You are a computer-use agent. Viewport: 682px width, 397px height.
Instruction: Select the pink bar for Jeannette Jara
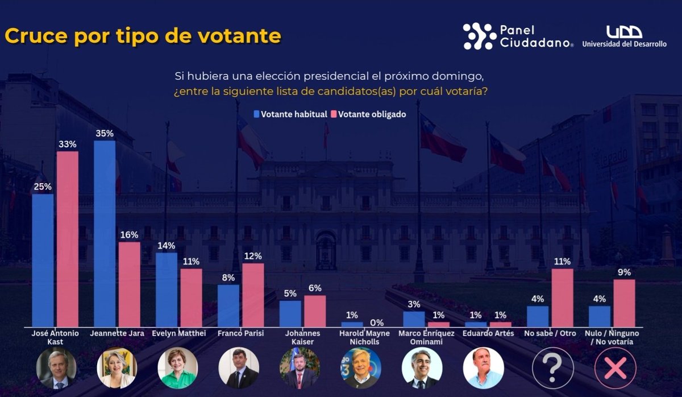click(129, 284)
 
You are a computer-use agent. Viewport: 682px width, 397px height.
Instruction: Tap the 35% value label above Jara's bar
click(105, 134)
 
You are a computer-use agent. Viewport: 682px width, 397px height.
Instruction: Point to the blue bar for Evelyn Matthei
click(166, 290)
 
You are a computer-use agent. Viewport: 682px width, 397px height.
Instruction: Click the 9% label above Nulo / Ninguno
click(624, 272)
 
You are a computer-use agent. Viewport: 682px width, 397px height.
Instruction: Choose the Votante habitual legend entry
click(290, 114)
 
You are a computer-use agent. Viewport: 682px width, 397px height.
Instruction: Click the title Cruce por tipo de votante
click(143, 36)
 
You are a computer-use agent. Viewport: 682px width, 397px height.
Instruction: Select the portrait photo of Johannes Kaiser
click(300, 368)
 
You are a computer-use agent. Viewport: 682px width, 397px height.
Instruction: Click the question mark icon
click(552, 368)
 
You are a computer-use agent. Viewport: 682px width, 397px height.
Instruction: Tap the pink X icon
click(614, 368)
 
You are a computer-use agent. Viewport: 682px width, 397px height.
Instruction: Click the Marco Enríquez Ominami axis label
click(426, 337)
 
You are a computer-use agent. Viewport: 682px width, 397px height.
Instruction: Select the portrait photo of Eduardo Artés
click(483, 368)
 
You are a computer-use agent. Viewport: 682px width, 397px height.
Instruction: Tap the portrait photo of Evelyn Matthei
click(177, 368)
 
